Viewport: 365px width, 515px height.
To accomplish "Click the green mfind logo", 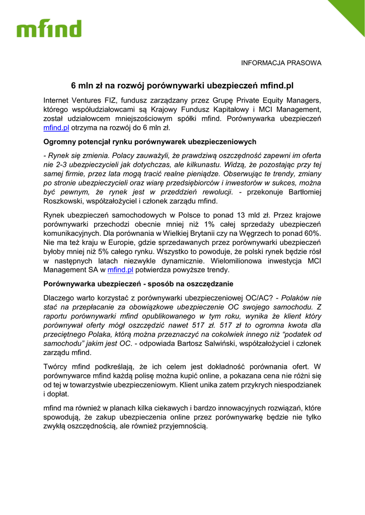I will [x=49, y=29].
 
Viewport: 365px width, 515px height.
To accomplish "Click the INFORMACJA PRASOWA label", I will [x=281, y=63].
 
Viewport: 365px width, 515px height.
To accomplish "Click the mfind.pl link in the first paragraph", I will [x=56, y=128].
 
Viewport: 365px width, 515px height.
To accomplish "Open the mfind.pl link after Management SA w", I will [x=120, y=270].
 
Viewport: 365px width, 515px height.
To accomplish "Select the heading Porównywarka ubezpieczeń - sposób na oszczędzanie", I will [x=138, y=284].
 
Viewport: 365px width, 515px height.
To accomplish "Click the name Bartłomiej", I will [x=300, y=192].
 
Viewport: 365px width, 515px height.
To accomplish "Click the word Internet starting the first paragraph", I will [x=57, y=100].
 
